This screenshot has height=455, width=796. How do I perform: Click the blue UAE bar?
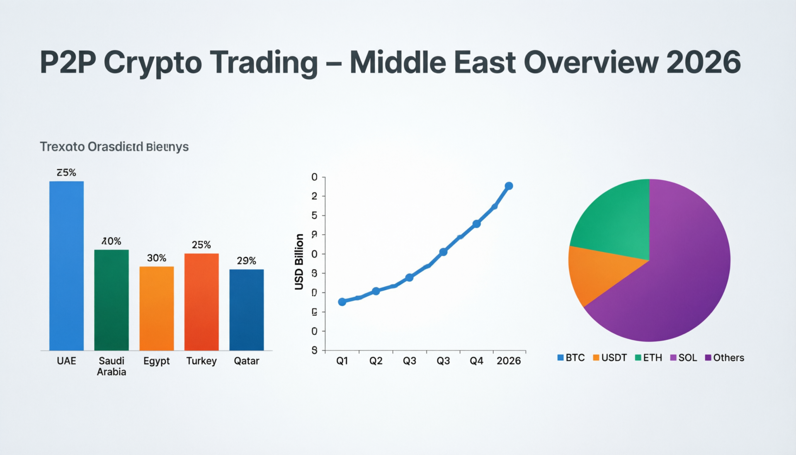[x=66, y=265]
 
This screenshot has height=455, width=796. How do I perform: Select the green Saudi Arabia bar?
[x=111, y=300]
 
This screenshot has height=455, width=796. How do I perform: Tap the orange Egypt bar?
[x=156, y=308]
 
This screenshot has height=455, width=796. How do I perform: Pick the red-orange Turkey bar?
[x=201, y=302]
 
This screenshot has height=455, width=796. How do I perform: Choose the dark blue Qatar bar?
[x=246, y=310]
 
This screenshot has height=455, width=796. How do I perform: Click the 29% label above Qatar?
[x=246, y=261]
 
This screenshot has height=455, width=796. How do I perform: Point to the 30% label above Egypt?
[x=156, y=258]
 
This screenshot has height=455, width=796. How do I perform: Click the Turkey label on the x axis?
[x=201, y=361]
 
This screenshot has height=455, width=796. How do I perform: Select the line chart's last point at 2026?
[x=509, y=186]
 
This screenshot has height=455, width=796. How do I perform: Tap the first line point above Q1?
[x=342, y=302]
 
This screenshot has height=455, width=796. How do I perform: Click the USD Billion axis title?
[x=299, y=261]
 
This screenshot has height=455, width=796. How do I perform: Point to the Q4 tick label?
[x=476, y=361]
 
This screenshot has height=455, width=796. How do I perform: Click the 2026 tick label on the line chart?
[x=509, y=361]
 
